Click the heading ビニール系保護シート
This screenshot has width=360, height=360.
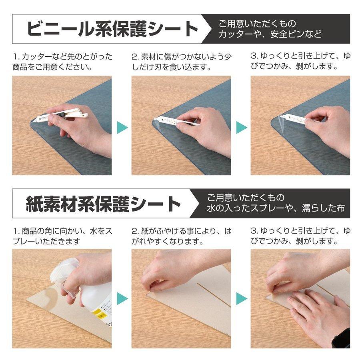coord(113,29)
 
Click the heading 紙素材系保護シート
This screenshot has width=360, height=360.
coord(104,204)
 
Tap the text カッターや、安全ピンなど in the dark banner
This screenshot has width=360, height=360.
coord(270,34)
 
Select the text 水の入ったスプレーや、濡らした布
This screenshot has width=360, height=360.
coord(276,208)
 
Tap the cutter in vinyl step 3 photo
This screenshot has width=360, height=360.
coord(294,118)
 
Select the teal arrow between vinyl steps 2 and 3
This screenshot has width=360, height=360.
coord(241,128)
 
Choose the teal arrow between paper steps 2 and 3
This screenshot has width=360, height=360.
coord(241,298)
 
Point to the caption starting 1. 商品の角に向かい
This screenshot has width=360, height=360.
coord(62,236)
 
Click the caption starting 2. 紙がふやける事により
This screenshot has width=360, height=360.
coord(181,236)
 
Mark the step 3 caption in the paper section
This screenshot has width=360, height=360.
coord(300,236)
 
